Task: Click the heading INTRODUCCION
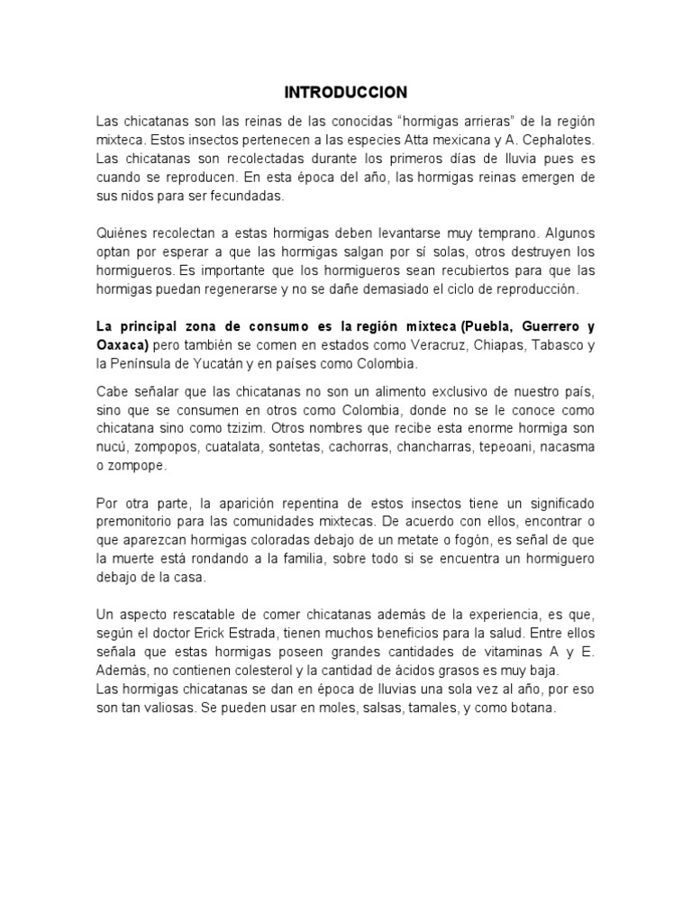[x=346, y=92]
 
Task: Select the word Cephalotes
[x=560, y=140]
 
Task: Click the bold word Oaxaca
[x=121, y=345]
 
